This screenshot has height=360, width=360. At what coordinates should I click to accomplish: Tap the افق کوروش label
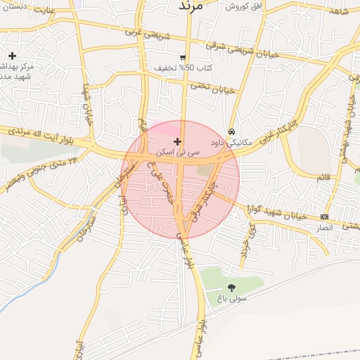pos(243,6)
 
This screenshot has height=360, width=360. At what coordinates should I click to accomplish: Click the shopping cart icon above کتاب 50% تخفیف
pos(183,58)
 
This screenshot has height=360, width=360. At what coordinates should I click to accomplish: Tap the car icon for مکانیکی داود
pos(231,131)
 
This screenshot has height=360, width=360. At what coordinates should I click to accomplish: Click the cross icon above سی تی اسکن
pos(177,142)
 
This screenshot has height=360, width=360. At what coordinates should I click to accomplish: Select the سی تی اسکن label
pos(179,151)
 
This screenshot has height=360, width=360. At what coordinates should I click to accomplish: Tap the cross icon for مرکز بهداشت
pos(12,56)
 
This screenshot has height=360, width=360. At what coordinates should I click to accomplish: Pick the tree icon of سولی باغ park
pos(232,288)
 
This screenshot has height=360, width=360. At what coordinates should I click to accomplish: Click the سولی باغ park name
pos(232,298)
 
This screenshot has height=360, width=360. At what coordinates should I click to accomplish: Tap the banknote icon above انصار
pos(324,217)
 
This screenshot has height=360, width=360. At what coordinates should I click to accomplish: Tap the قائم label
pos(323,177)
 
